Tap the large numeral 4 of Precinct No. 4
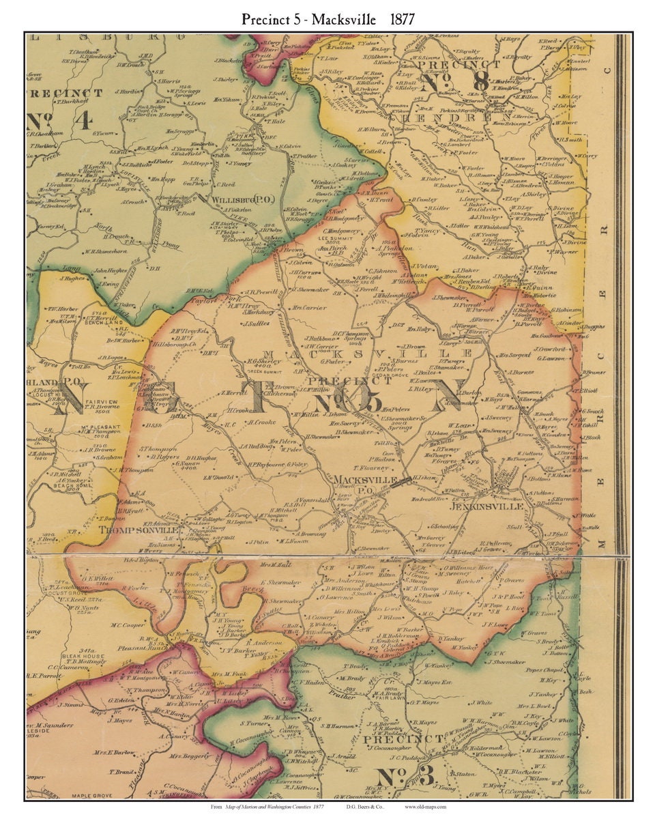(83, 121)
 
